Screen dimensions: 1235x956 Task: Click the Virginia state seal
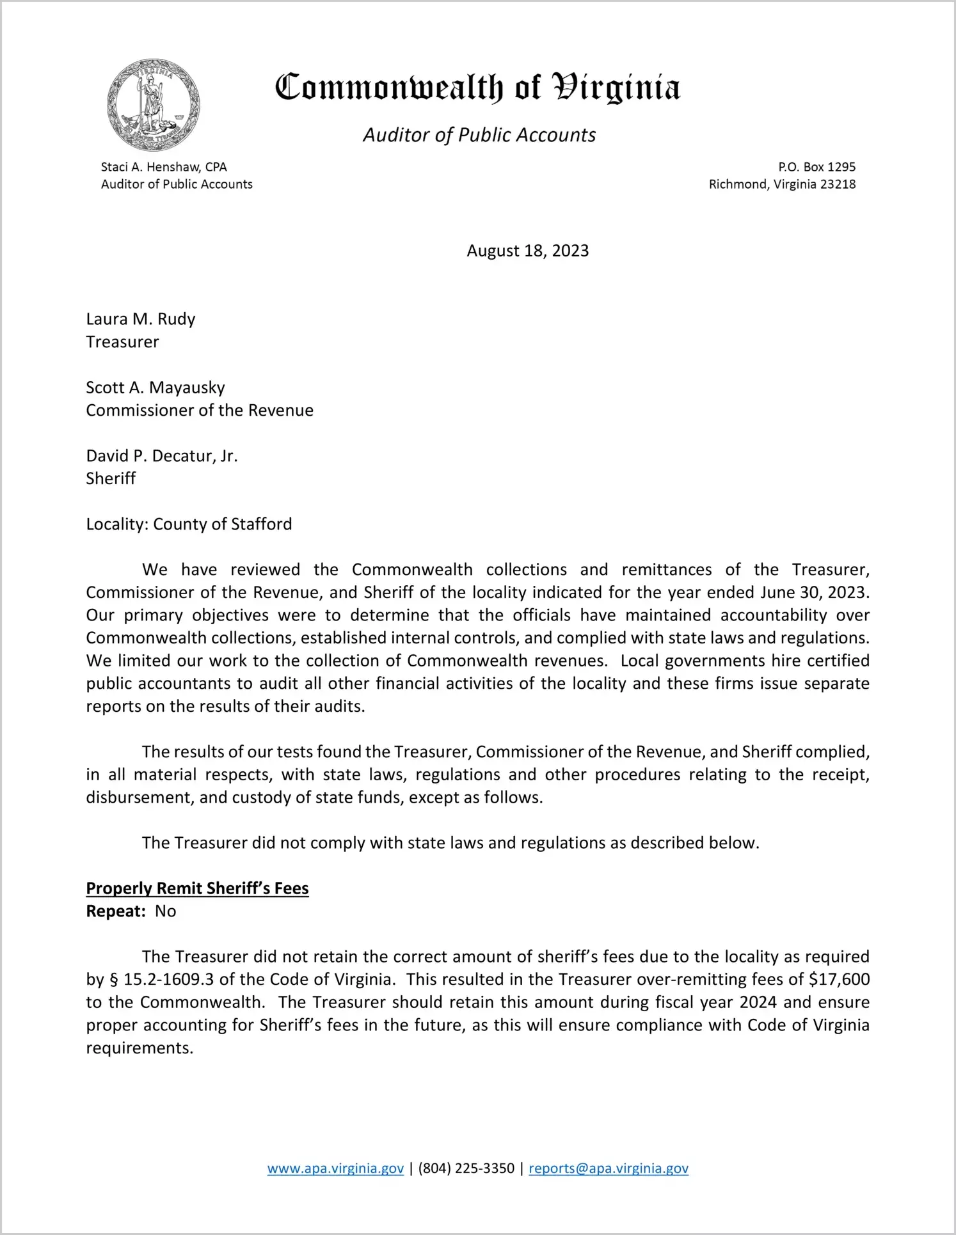[154, 105]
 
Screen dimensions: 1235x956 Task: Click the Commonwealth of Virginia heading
[477, 88]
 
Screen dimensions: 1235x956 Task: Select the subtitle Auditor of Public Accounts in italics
[479, 135]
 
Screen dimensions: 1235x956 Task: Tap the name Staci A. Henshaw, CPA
[164, 167]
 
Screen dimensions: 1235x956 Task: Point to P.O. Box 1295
[817, 167]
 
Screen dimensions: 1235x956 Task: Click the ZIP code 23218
[838, 184]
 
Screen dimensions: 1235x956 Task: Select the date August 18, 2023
[527, 251]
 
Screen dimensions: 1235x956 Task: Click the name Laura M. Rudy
[141, 319]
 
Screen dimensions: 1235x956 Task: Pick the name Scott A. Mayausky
[155, 388]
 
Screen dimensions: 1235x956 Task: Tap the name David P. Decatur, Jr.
[162, 456]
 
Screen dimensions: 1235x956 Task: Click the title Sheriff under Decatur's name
[111, 479]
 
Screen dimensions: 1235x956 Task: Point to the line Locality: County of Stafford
[189, 524]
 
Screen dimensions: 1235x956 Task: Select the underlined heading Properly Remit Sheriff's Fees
[197, 888]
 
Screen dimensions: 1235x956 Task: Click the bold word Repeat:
[116, 911]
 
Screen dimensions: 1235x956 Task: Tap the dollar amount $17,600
[839, 980]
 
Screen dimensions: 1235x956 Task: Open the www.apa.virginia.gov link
[335, 1168]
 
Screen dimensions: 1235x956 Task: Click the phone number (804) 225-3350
[466, 1168]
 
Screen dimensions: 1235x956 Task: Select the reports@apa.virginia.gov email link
[608, 1168]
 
